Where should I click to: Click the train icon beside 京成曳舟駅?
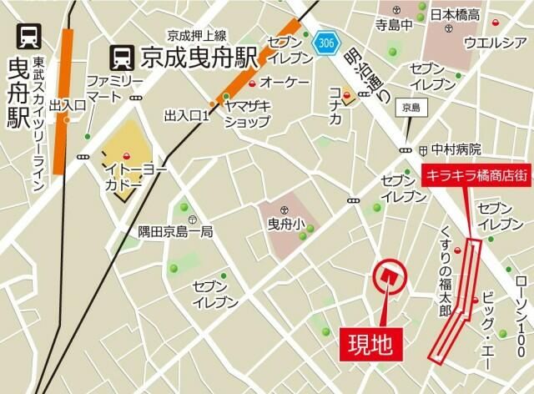coord(123,57)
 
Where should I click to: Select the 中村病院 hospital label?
coord(456,149)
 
